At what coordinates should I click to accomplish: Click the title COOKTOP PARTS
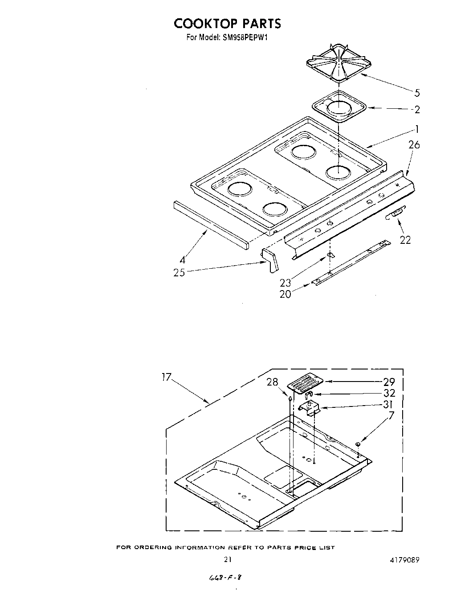click(x=227, y=23)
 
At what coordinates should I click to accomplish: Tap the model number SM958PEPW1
click(x=245, y=37)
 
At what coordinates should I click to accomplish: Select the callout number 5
click(x=417, y=93)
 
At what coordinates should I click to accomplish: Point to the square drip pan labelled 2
click(x=339, y=108)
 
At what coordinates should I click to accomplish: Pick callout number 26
click(x=414, y=145)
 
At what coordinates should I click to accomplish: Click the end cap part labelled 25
click(x=269, y=260)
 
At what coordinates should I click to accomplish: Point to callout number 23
click(x=286, y=282)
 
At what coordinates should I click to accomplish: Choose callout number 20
click(x=285, y=294)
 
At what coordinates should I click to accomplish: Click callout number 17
click(x=166, y=377)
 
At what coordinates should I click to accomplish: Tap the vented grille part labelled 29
click(x=305, y=383)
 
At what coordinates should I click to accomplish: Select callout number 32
click(x=389, y=393)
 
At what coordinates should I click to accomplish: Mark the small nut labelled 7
click(x=358, y=444)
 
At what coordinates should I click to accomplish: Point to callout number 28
click(x=272, y=382)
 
